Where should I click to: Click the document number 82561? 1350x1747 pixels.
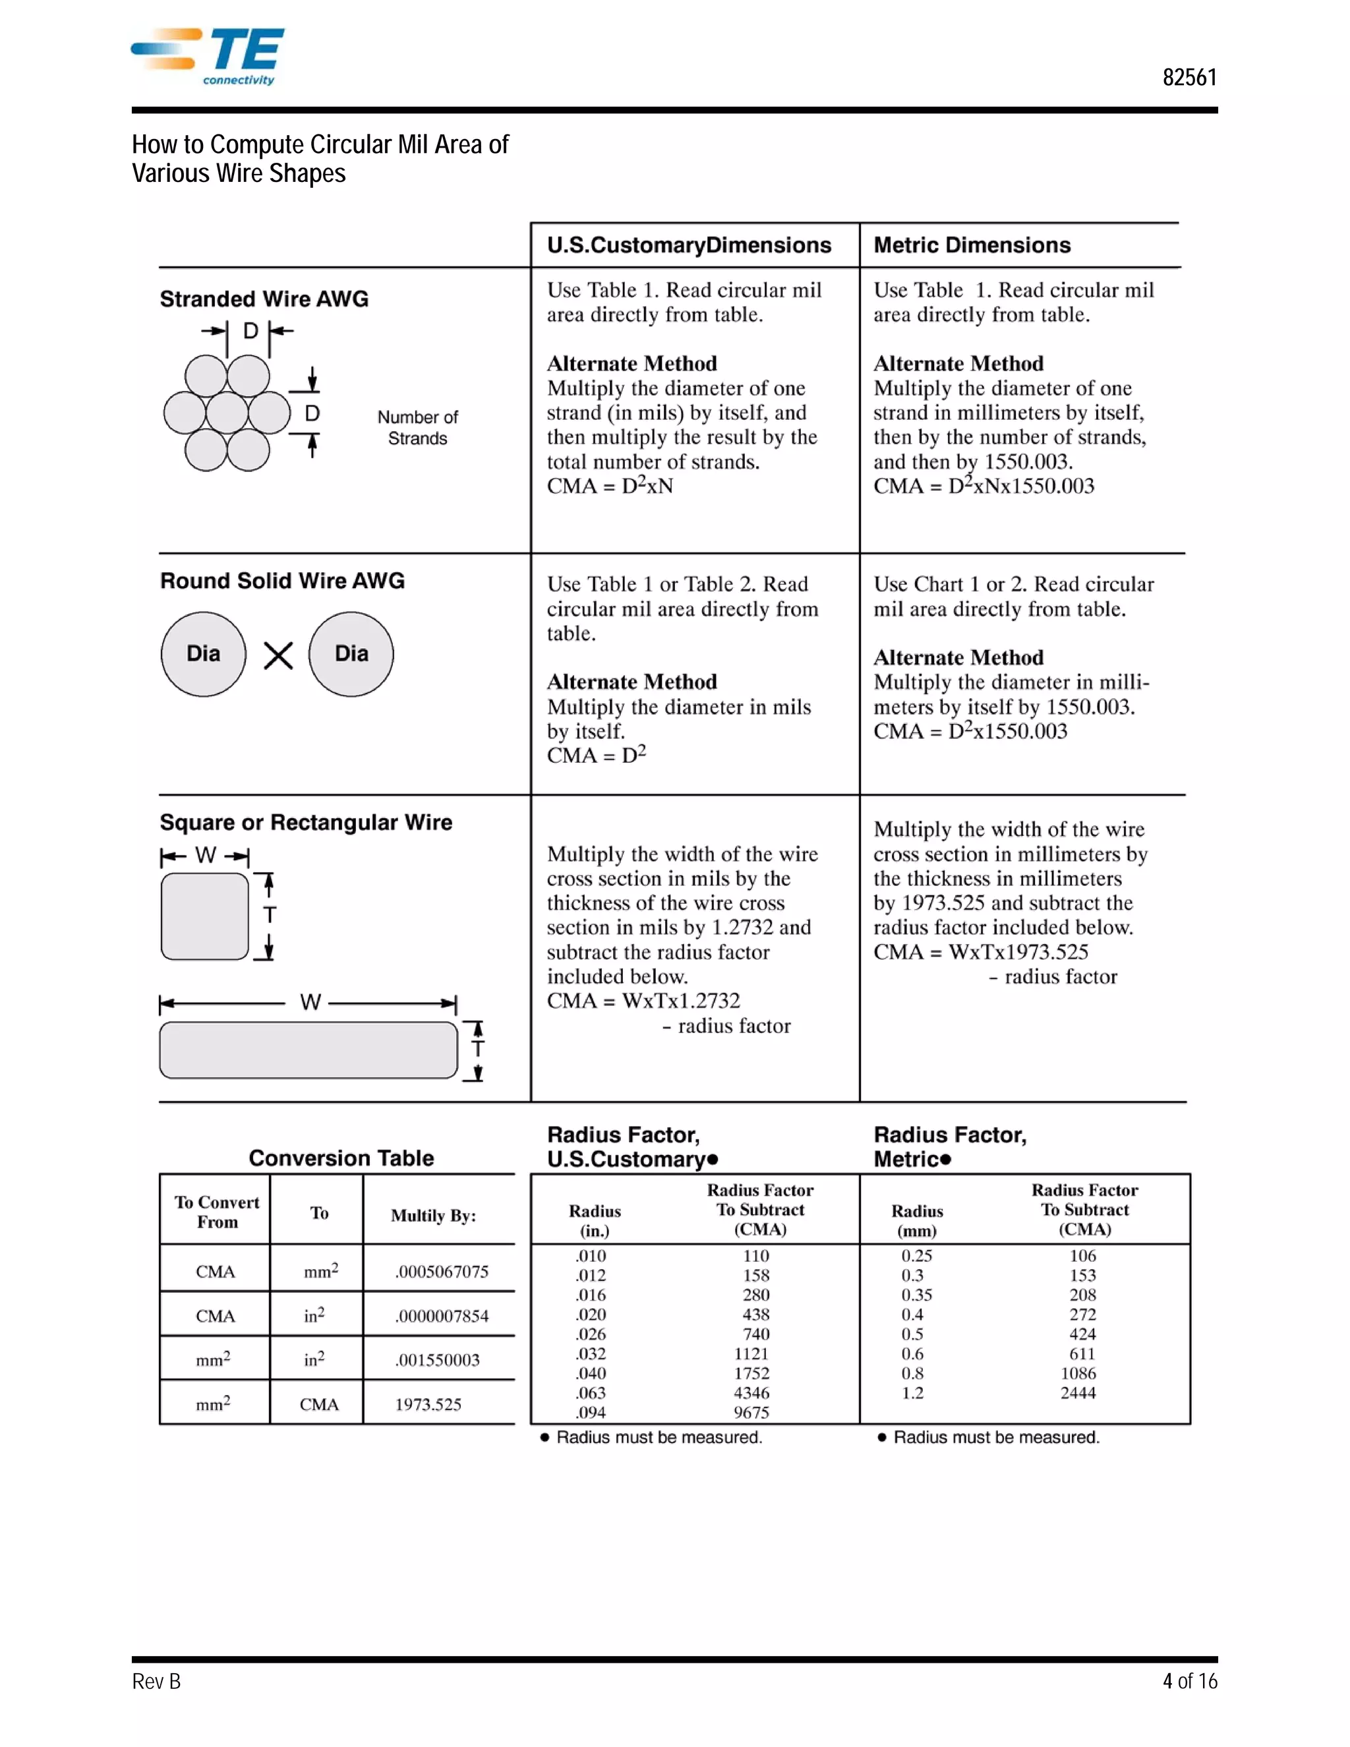[1189, 78]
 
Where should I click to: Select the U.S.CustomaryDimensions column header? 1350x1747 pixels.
[689, 246]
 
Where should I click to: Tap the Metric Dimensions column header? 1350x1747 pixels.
[971, 246]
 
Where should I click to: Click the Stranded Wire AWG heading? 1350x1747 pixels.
[264, 299]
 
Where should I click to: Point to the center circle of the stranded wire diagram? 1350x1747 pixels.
[227, 413]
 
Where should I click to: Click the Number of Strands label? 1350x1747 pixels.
[417, 428]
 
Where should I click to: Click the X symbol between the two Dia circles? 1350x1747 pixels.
[278, 656]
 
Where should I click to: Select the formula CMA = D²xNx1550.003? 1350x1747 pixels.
[983, 487]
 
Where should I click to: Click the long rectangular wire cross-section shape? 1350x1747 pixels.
[308, 1050]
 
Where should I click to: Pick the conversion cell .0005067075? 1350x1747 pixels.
[442, 1272]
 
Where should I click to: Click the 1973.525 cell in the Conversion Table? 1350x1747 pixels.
[428, 1405]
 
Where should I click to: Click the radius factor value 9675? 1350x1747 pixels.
[751, 1413]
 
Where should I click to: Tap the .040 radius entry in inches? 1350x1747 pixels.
[591, 1373]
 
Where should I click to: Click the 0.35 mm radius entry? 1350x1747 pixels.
[916, 1295]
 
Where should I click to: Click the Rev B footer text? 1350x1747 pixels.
[156, 1682]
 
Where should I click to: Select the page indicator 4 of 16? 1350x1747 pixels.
[1189, 1682]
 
